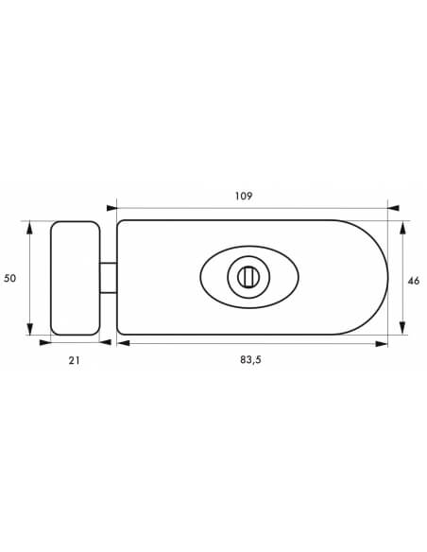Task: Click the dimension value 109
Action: point(244,196)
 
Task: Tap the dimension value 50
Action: point(9,278)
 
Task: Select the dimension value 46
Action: point(414,281)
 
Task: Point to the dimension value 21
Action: point(74,360)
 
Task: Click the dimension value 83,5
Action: point(250,360)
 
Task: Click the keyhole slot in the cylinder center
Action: point(248,277)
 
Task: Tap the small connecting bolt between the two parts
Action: point(108,277)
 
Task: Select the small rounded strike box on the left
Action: point(76,278)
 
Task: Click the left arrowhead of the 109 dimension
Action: point(111,208)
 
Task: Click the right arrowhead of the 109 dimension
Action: point(393,208)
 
